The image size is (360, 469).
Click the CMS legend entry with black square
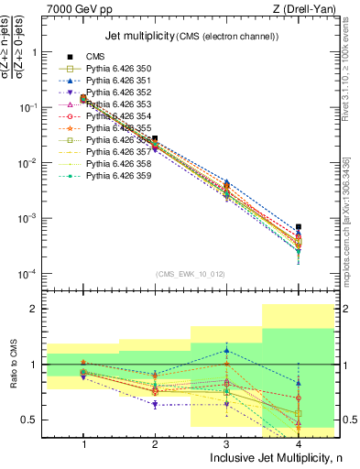point(95,56)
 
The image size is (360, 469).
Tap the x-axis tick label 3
point(225,443)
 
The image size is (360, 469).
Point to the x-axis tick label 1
point(83,443)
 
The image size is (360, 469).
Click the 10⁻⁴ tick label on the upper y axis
point(30,273)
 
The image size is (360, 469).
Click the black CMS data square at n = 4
point(296,226)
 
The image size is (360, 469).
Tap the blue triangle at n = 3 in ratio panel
point(225,350)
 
